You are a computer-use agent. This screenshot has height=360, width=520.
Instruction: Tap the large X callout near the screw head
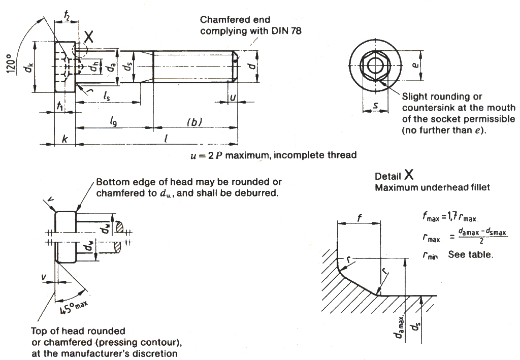tap(89, 36)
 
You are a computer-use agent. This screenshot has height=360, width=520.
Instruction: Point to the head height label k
tap(64, 139)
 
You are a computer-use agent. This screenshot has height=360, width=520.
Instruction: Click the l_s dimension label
tap(107, 95)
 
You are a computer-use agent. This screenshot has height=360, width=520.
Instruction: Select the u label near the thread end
tap(233, 96)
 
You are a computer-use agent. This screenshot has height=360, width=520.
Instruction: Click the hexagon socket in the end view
tap(375, 66)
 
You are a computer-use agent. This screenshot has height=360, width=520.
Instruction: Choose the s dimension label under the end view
tap(375, 106)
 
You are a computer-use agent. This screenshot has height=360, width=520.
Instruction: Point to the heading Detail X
tap(395, 176)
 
